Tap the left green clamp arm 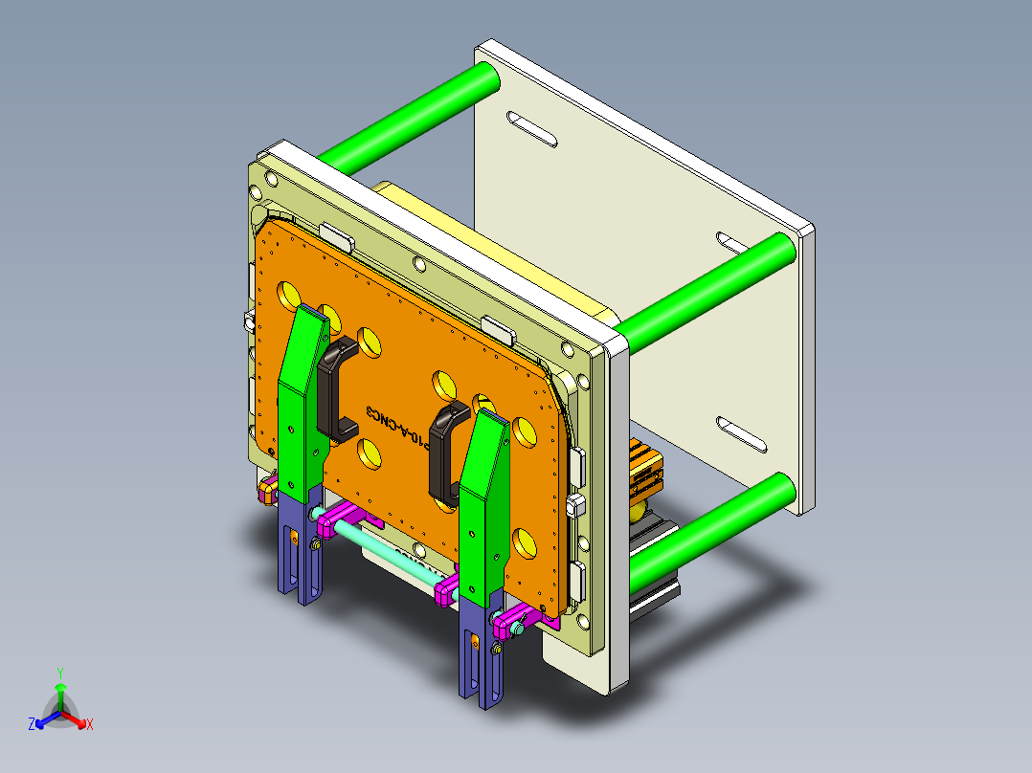point(301,402)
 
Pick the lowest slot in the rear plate point(741,436)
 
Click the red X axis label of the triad point(89,725)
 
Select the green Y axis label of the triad point(59,673)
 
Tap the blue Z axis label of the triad point(32,725)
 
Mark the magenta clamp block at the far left point(266,491)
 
